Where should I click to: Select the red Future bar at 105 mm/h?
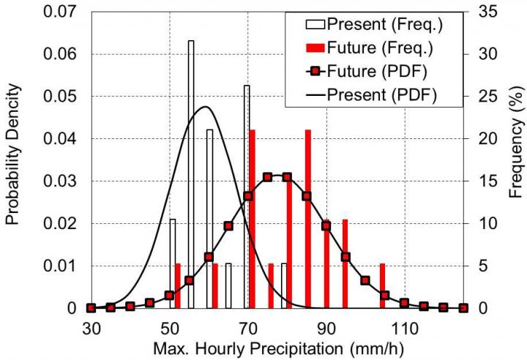coord(382,286)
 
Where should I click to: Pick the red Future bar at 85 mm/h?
coord(308,219)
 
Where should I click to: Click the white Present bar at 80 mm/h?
coord(284,286)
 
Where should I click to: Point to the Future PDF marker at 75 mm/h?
coord(267,177)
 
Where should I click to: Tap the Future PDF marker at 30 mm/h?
coord(91,308)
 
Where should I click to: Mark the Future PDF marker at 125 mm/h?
coord(463,308)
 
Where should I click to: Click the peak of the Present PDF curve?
coord(205,107)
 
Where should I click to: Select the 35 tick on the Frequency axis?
coord(482,12)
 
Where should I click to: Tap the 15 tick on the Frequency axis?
coord(482,181)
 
